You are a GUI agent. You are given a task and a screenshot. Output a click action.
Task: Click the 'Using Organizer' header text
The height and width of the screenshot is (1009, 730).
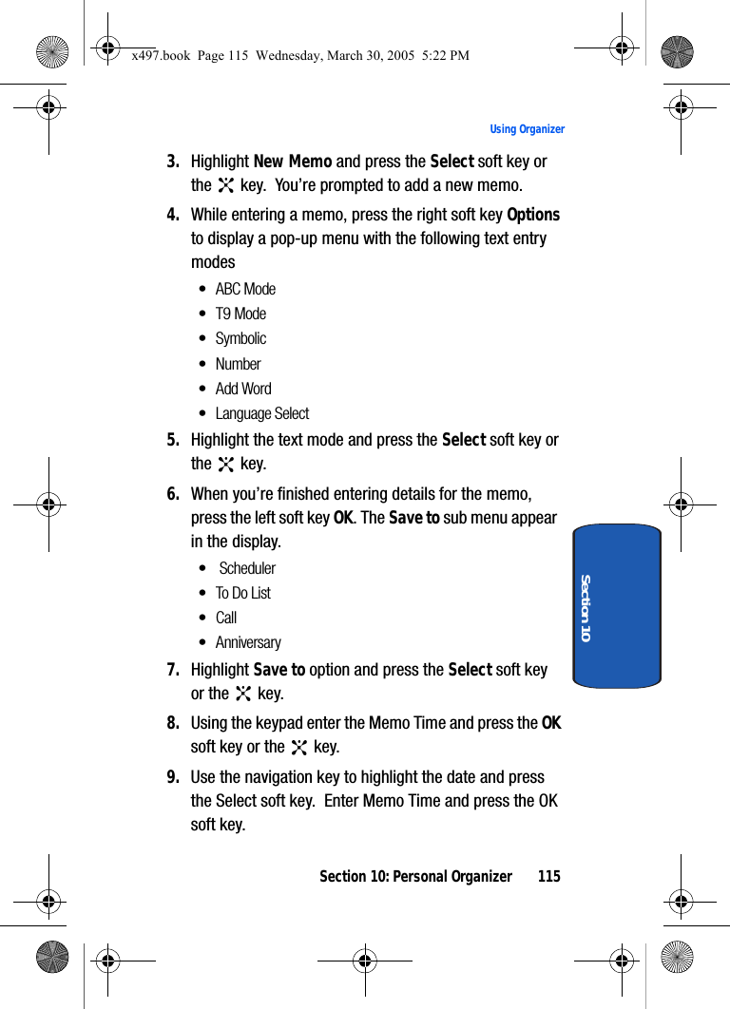click(x=527, y=129)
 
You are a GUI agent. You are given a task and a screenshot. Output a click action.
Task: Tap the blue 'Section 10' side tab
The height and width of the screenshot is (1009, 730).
click(x=617, y=605)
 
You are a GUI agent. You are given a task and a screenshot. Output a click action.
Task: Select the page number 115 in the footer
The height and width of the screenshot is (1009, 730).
click(x=548, y=876)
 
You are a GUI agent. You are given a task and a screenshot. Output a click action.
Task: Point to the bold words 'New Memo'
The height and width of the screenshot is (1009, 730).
click(x=293, y=162)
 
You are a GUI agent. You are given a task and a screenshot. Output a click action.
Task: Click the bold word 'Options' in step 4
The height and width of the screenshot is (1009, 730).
click(x=533, y=215)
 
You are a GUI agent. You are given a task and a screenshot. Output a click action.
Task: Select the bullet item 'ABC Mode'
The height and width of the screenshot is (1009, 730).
click(x=245, y=289)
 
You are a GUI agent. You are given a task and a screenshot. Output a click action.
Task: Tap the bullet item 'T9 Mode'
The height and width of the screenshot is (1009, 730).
click(x=240, y=314)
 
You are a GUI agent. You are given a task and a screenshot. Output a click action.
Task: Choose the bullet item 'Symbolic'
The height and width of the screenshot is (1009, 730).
click(x=240, y=338)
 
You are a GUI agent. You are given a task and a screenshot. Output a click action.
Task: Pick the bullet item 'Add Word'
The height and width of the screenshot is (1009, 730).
click(x=243, y=389)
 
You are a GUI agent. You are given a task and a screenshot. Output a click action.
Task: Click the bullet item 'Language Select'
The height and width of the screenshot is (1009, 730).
click(x=262, y=413)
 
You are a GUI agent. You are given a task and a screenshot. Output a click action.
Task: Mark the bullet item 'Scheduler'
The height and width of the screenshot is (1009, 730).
click(x=247, y=568)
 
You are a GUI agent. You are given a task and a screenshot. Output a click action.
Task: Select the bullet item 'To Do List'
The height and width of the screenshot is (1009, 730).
click(x=243, y=593)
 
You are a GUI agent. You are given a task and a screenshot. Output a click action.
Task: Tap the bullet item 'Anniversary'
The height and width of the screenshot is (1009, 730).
click(x=248, y=642)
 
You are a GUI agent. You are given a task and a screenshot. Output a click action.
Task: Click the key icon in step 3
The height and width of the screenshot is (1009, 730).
click(x=226, y=186)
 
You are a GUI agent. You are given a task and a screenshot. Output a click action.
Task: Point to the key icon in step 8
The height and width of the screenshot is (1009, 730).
click(x=299, y=748)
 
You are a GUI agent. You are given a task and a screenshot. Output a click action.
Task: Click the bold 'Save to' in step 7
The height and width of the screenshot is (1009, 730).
click(x=279, y=670)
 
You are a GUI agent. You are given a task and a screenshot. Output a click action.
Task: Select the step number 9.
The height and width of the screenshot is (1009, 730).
click(x=173, y=777)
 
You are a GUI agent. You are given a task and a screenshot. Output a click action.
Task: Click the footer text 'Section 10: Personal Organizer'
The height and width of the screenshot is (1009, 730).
click(x=415, y=876)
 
